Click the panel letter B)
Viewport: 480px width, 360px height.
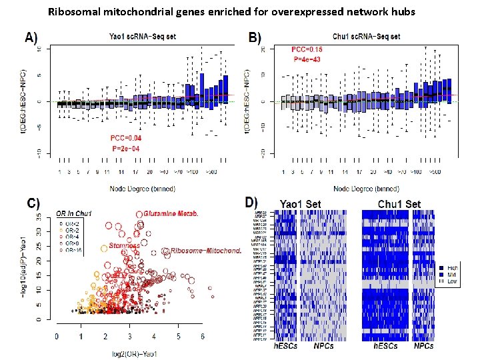coord(254,38)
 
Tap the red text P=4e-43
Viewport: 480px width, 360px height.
coord(306,59)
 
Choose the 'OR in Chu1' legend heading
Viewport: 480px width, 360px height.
coord(75,213)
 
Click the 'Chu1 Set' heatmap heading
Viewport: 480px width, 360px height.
coord(399,204)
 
